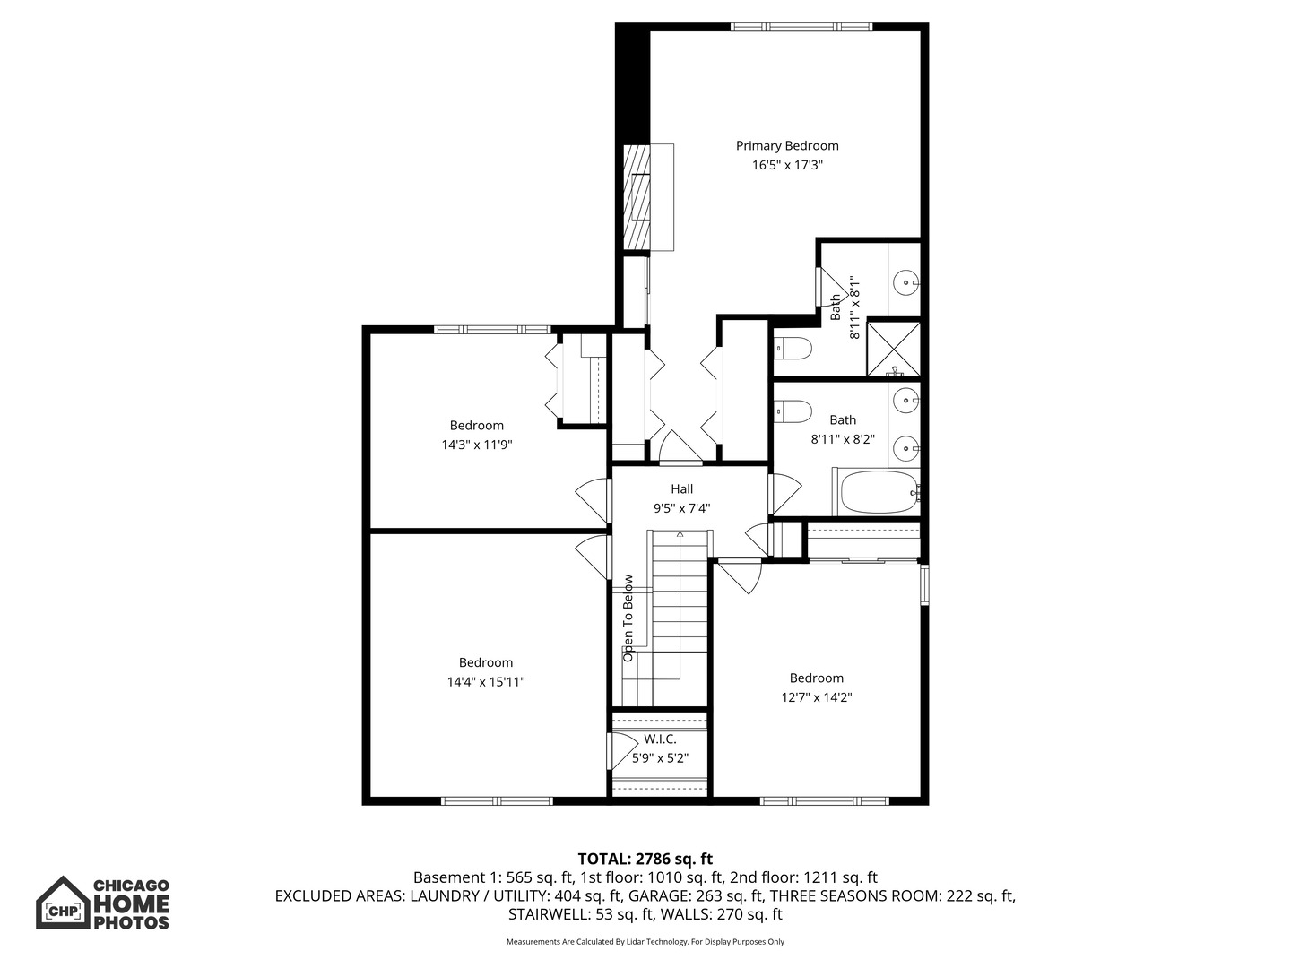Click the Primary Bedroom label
click(787, 146)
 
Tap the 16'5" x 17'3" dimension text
click(787, 165)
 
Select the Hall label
click(681, 489)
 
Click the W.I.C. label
click(660, 739)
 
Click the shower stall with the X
click(894, 348)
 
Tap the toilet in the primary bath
click(793, 349)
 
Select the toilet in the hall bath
click(793, 411)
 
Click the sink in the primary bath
click(905, 282)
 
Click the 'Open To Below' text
click(628, 618)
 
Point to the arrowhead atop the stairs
click(680, 534)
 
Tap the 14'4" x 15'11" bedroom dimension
click(486, 682)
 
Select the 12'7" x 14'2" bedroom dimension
click(817, 697)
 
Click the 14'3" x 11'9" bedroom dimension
click(477, 445)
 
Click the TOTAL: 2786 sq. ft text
click(645, 859)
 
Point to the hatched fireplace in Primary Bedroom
click(637, 197)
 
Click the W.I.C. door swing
click(622, 750)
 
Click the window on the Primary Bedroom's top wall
click(802, 27)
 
